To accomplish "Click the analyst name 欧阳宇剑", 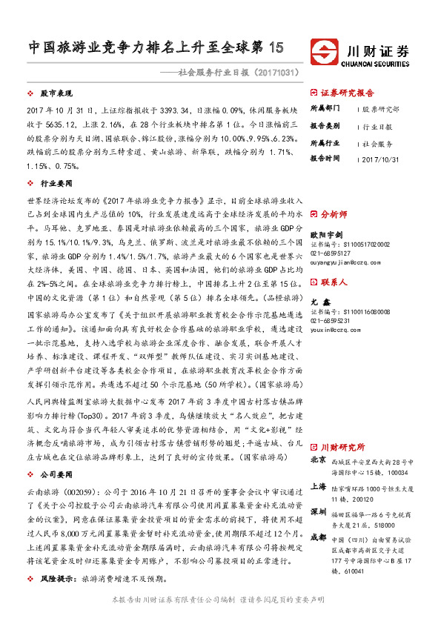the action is [x=325, y=231].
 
